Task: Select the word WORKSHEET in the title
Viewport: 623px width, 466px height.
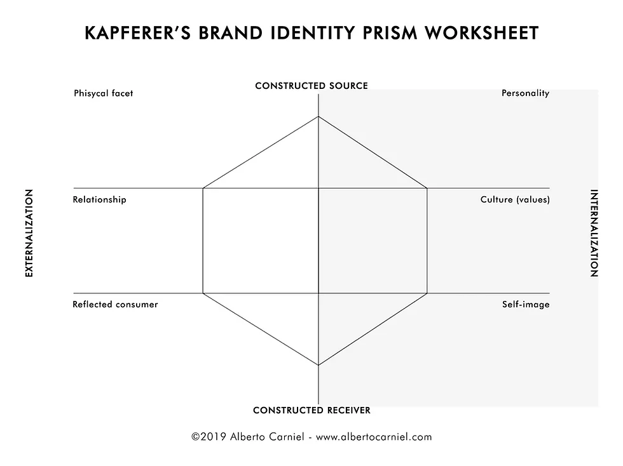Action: [482, 33]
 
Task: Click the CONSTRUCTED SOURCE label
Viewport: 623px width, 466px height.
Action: [311, 86]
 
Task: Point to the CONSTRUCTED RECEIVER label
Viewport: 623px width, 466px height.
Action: [311, 410]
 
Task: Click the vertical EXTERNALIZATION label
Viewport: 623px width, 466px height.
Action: [29, 233]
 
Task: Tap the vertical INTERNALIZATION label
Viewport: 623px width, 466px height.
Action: [594, 233]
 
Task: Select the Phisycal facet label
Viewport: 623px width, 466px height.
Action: [103, 93]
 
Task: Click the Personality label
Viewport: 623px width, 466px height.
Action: [525, 93]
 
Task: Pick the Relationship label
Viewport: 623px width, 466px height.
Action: [99, 199]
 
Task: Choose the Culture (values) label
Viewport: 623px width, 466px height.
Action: [515, 199]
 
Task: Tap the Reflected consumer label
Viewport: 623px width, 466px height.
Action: [115, 305]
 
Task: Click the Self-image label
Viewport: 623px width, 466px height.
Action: [526, 305]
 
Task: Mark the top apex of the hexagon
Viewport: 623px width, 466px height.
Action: [318, 116]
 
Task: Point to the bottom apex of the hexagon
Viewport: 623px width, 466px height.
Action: [318, 365]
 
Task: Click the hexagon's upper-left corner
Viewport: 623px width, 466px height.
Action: [203, 188]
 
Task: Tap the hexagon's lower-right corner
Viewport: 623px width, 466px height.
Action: [427, 293]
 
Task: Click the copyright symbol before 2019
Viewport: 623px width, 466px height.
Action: [196, 437]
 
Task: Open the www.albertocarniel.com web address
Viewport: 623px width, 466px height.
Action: [374, 437]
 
